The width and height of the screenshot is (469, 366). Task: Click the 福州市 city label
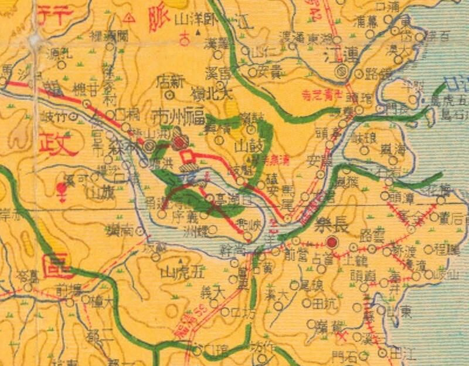click(x=182, y=111)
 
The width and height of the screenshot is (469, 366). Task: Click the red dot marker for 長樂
click(x=332, y=241)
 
